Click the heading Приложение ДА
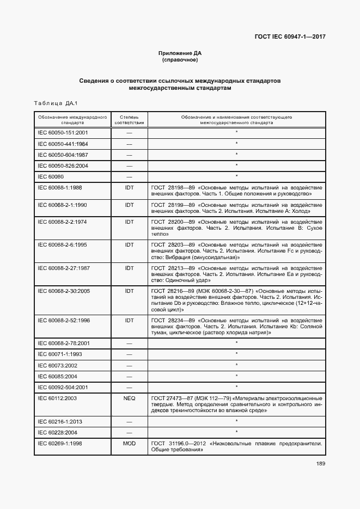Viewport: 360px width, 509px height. click(180, 53)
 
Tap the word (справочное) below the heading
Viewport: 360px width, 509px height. click(180, 60)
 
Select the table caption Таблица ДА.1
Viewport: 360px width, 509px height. click(57, 103)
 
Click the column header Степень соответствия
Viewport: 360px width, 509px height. click(129, 120)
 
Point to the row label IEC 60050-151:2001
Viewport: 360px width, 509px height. click(63, 132)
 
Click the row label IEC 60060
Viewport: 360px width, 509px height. click(51, 176)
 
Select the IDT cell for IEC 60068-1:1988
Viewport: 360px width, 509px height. click(129, 187)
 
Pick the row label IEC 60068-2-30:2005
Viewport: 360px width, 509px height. click(64, 291)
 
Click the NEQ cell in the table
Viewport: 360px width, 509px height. click(129, 398)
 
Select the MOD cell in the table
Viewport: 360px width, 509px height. click(129, 444)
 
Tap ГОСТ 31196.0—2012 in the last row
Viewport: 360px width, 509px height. click(174, 444)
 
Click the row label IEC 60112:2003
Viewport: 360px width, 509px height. click(57, 398)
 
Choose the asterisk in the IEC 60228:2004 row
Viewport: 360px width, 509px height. click(236, 432)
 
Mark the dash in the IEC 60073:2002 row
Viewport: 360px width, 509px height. click(129, 365)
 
